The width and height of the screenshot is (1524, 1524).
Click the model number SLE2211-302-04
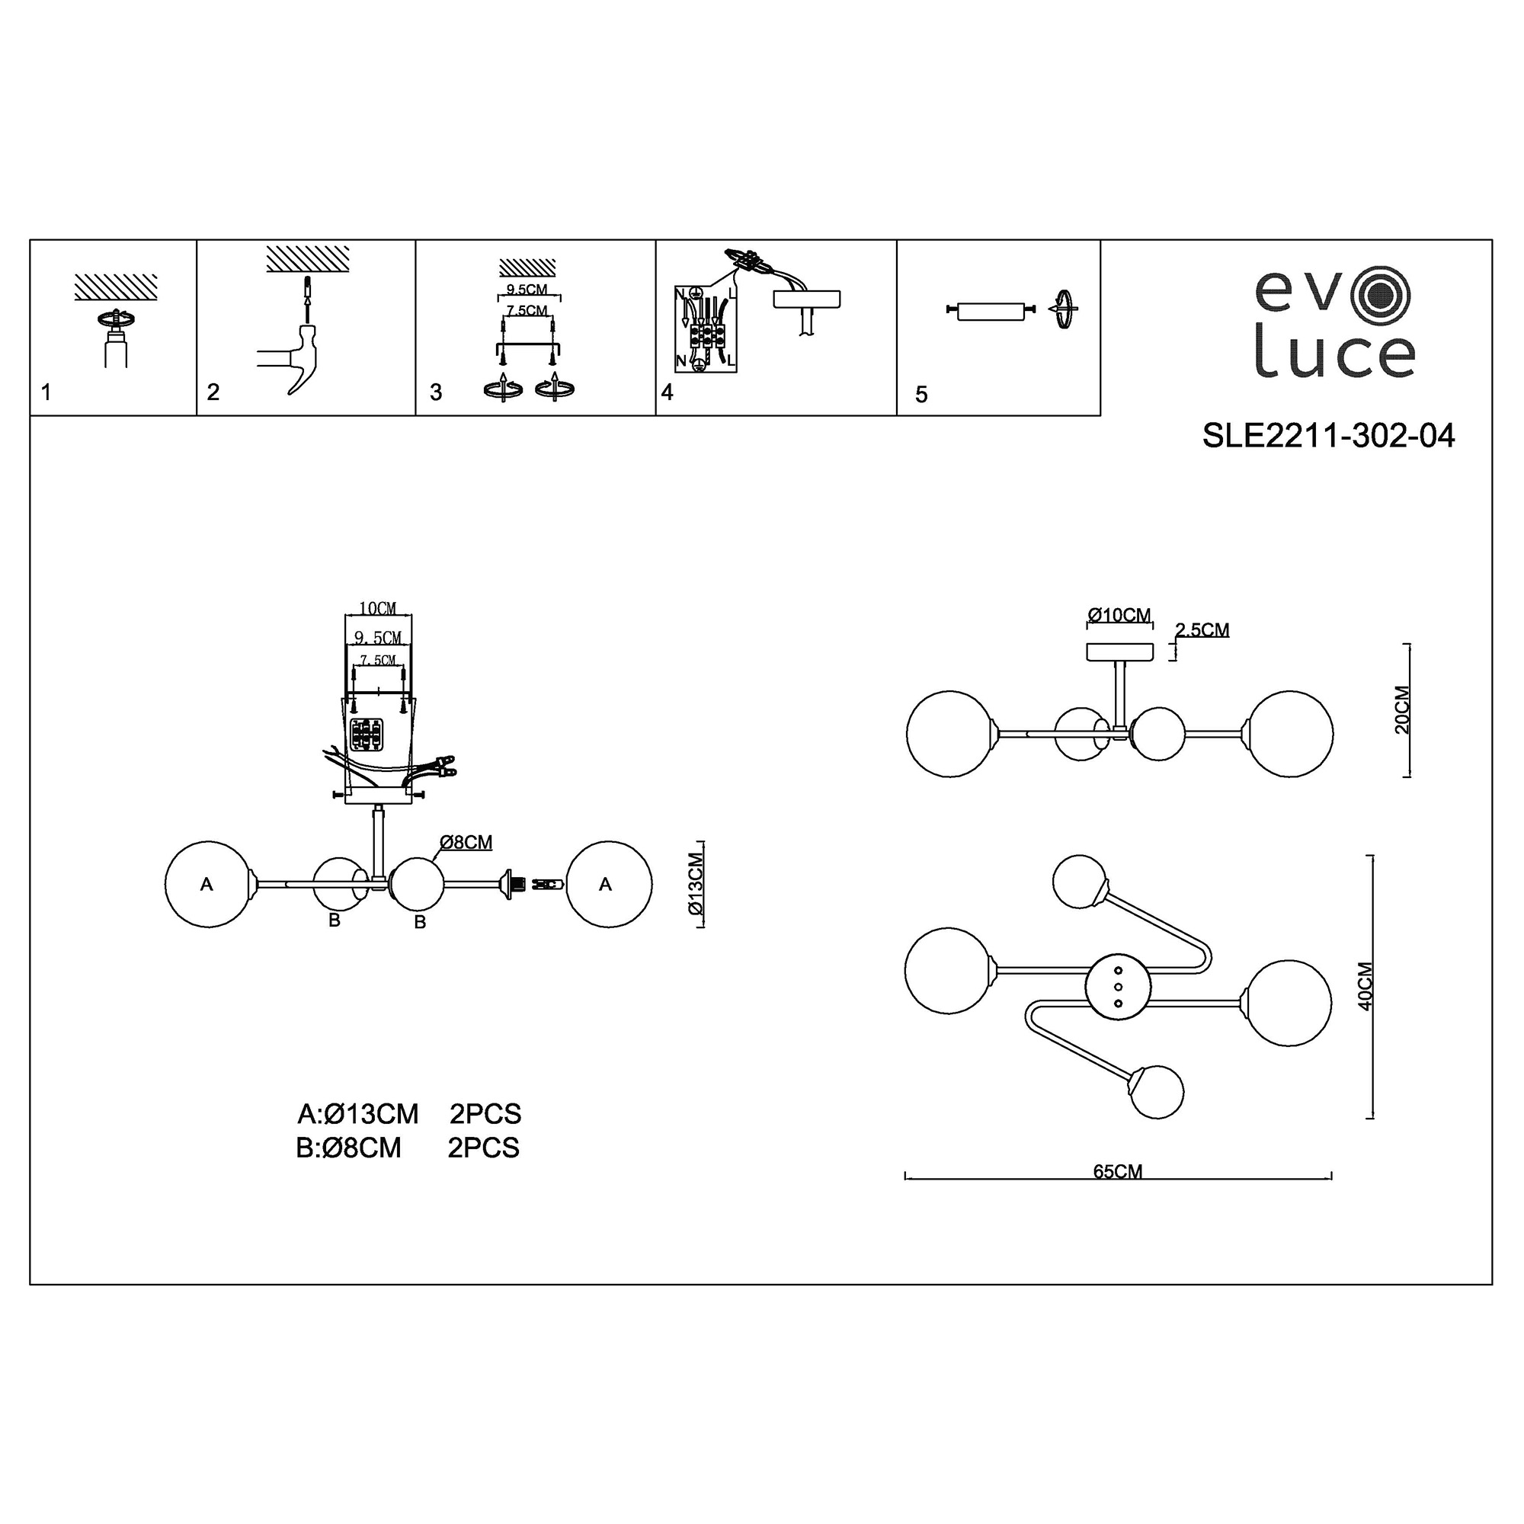tap(1328, 435)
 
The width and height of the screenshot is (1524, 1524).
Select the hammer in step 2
tap(292, 358)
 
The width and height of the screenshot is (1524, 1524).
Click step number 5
tap(921, 395)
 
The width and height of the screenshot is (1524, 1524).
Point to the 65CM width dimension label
tap(1118, 1171)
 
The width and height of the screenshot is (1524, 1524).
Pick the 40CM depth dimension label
tap(1366, 986)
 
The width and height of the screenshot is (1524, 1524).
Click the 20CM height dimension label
tap(1402, 710)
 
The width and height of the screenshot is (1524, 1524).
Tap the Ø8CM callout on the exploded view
tap(466, 843)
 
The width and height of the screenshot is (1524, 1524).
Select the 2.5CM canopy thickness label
tap(1202, 629)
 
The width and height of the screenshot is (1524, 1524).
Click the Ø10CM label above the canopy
tap(1119, 614)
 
